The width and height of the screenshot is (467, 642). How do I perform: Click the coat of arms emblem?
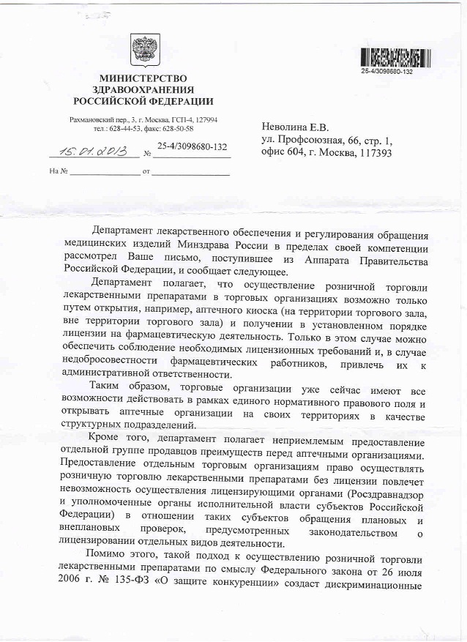click(x=143, y=49)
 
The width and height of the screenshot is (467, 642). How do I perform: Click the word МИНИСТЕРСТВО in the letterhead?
click(x=143, y=78)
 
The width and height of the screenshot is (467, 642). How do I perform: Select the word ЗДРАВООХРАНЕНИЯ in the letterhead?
click(x=143, y=89)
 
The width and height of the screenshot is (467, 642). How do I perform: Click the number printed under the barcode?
click(x=387, y=71)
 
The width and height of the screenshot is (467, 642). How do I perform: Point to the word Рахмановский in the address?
click(x=91, y=119)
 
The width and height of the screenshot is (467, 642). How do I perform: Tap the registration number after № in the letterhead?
click(x=192, y=146)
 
